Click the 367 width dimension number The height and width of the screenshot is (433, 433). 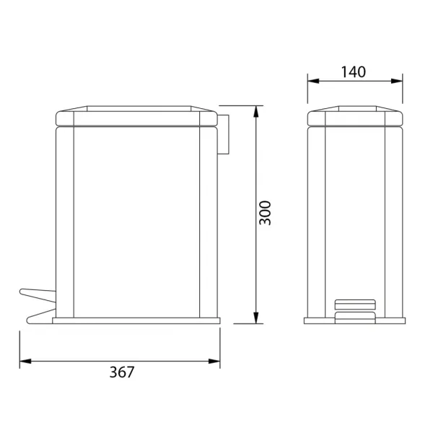(x=122, y=372)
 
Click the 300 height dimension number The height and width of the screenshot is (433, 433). (x=266, y=213)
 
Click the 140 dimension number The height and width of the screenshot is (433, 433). (x=354, y=71)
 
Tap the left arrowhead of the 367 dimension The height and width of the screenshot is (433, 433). (x=25, y=362)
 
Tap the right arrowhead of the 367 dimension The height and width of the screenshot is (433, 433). (x=214, y=362)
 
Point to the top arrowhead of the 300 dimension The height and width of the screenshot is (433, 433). (x=256, y=111)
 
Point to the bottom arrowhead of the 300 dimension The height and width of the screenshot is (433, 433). (x=256, y=318)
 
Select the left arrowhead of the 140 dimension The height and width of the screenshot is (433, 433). (x=313, y=81)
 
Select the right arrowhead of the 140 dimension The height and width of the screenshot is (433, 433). (x=397, y=81)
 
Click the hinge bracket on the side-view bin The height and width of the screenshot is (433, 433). (x=223, y=134)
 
